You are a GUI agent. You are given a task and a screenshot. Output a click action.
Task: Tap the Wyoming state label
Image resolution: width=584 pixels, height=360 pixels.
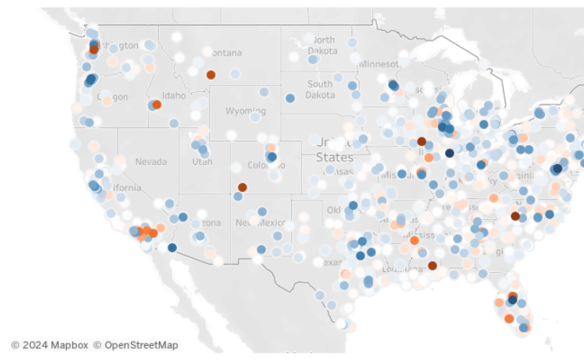[x=246, y=111]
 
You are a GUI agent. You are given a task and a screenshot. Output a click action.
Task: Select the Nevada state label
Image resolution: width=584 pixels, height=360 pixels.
[x=151, y=161]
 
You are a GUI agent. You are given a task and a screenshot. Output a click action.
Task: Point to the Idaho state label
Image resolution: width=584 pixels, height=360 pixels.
[x=175, y=96]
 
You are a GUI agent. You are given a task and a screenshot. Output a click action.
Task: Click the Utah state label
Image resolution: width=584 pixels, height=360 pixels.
[x=202, y=162]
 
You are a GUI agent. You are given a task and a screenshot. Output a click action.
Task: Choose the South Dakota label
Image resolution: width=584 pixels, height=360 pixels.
[x=320, y=89]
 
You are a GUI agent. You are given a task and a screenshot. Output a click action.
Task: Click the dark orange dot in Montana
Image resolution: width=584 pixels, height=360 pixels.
[x=210, y=75]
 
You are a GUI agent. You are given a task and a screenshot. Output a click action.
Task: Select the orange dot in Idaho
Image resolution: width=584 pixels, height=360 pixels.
[x=157, y=104]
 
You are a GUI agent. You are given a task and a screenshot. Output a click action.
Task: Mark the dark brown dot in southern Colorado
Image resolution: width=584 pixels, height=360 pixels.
[x=242, y=187]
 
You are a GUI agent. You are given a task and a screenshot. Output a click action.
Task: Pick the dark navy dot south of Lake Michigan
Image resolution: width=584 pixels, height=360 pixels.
[x=450, y=153]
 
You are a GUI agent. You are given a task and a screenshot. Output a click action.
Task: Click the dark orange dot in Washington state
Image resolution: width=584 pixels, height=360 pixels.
[x=94, y=49]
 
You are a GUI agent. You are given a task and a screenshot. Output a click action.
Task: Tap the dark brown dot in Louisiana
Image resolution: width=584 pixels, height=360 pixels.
[x=432, y=266]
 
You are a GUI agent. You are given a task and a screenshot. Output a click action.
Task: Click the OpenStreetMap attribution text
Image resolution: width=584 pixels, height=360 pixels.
[x=136, y=345]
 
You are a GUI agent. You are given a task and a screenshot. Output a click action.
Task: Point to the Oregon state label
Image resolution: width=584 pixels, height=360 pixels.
[x=112, y=96]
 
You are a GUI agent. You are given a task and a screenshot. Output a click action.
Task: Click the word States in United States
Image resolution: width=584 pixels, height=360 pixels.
[x=334, y=157]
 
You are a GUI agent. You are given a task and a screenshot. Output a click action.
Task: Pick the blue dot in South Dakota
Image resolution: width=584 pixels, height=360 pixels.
[x=290, y=98]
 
